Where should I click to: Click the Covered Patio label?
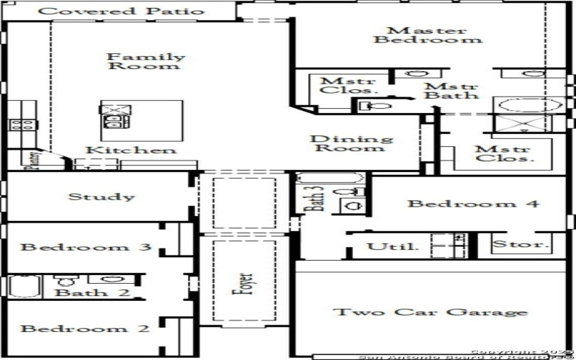pyautogui.click(x=120, y=12)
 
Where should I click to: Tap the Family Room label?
pyautogui.click(x=145, y=61)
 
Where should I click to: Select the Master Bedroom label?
pyautogui.click(x=428, y=35)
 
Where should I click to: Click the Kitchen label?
pyautogui.click(x=130, y=150)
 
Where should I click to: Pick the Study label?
pyautogui.click(x=101, y=197)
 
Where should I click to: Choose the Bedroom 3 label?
pyautogui.click(x=86, y=248)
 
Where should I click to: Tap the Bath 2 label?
pyautogui.click(x=82, y=292)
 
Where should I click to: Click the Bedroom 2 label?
pyautogui.click(x=85, y=329)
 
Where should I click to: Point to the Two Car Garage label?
pyautogui.click(x=431, y=312)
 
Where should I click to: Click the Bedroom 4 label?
pyautogui.click(x=473, y=204)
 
